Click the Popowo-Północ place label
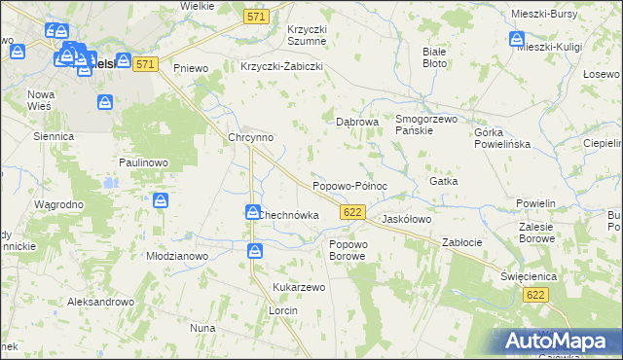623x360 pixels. [x=349, y=185]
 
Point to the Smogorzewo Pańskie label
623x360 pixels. [x=426, y=125]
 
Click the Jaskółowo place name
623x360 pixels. [x=406, y=220]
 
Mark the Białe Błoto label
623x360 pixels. [x=434, y=56]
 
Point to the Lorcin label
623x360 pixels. [x=282, y=309]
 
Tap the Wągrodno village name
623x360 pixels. [x=58, y=205]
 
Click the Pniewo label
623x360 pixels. [x=192, y=68]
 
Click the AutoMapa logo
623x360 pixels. [x=555, y=341]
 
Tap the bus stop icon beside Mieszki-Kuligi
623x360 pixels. [x=516, y=39]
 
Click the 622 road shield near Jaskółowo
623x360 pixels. [x=352, y=211]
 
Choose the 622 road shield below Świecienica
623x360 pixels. [x=533, y=293]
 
